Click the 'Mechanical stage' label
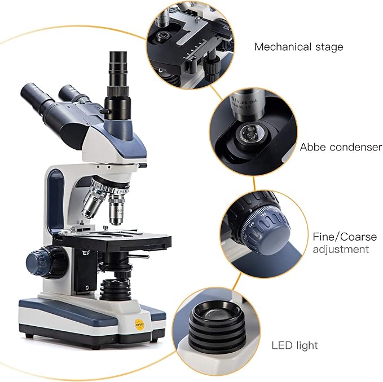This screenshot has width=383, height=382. point(298,47)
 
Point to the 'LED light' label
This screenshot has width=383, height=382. point(294,345)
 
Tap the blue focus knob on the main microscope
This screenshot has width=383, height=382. point(42,261)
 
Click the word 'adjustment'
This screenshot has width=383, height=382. point(341,249)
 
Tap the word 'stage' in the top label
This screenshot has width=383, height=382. point(329,47)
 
